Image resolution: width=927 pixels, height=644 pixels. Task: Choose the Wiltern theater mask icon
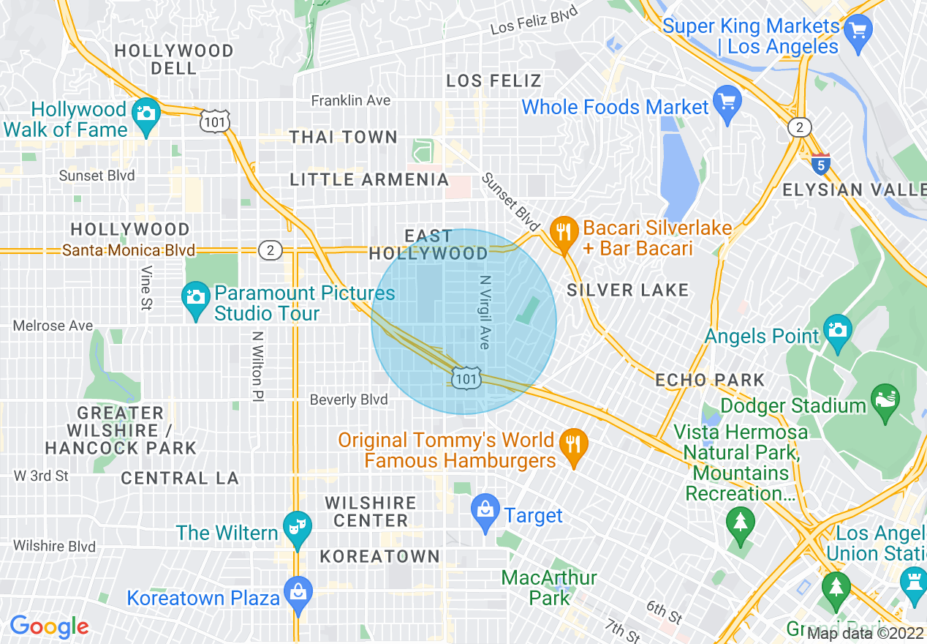tap(297, 528)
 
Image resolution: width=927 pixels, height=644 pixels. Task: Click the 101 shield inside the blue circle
tap(465, 378)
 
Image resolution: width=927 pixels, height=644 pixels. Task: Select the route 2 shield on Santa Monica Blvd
tap(270, 251)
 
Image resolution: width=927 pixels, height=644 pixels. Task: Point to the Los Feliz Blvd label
tap(534, 20)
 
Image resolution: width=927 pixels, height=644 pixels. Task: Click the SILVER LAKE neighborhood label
tap(628, 291)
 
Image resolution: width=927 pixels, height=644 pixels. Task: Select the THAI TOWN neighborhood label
tap(344, 138)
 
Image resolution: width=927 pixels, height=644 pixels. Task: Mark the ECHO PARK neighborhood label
tap(710, 381)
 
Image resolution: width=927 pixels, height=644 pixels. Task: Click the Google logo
tap(49, 626)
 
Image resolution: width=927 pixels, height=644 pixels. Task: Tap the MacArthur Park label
tap(549, 588)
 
